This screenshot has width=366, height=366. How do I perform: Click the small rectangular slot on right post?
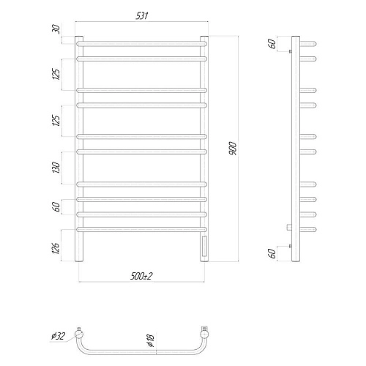pos(205,247)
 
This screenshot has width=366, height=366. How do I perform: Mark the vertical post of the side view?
pos(294,146)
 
